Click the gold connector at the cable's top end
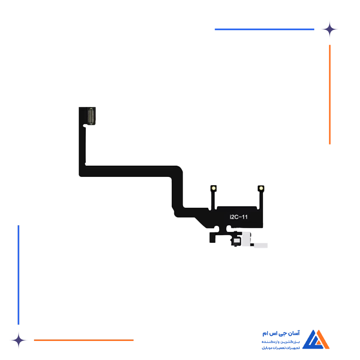pyautogui.click(x=92, y=116)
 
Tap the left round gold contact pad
pyautogui.click(x=212, y=188)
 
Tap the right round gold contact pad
pyautogui.click(x=261, y=188)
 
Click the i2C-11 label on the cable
pyautogui.click(x=238, y=218)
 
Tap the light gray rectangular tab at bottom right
pyautogui.click(x=261, y=246)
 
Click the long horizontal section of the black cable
pyautogui.click(x=129, y=171)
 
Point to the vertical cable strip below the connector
pyautogui.click(x=82, y=144)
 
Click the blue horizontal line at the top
pyautogui.click(x=265, y=29)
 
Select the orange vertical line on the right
pyautogui.click(x=329, y=95)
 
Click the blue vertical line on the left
pyautogui.click(x=19, y=273)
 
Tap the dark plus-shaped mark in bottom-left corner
pyautogui.click(x=19, y=339)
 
